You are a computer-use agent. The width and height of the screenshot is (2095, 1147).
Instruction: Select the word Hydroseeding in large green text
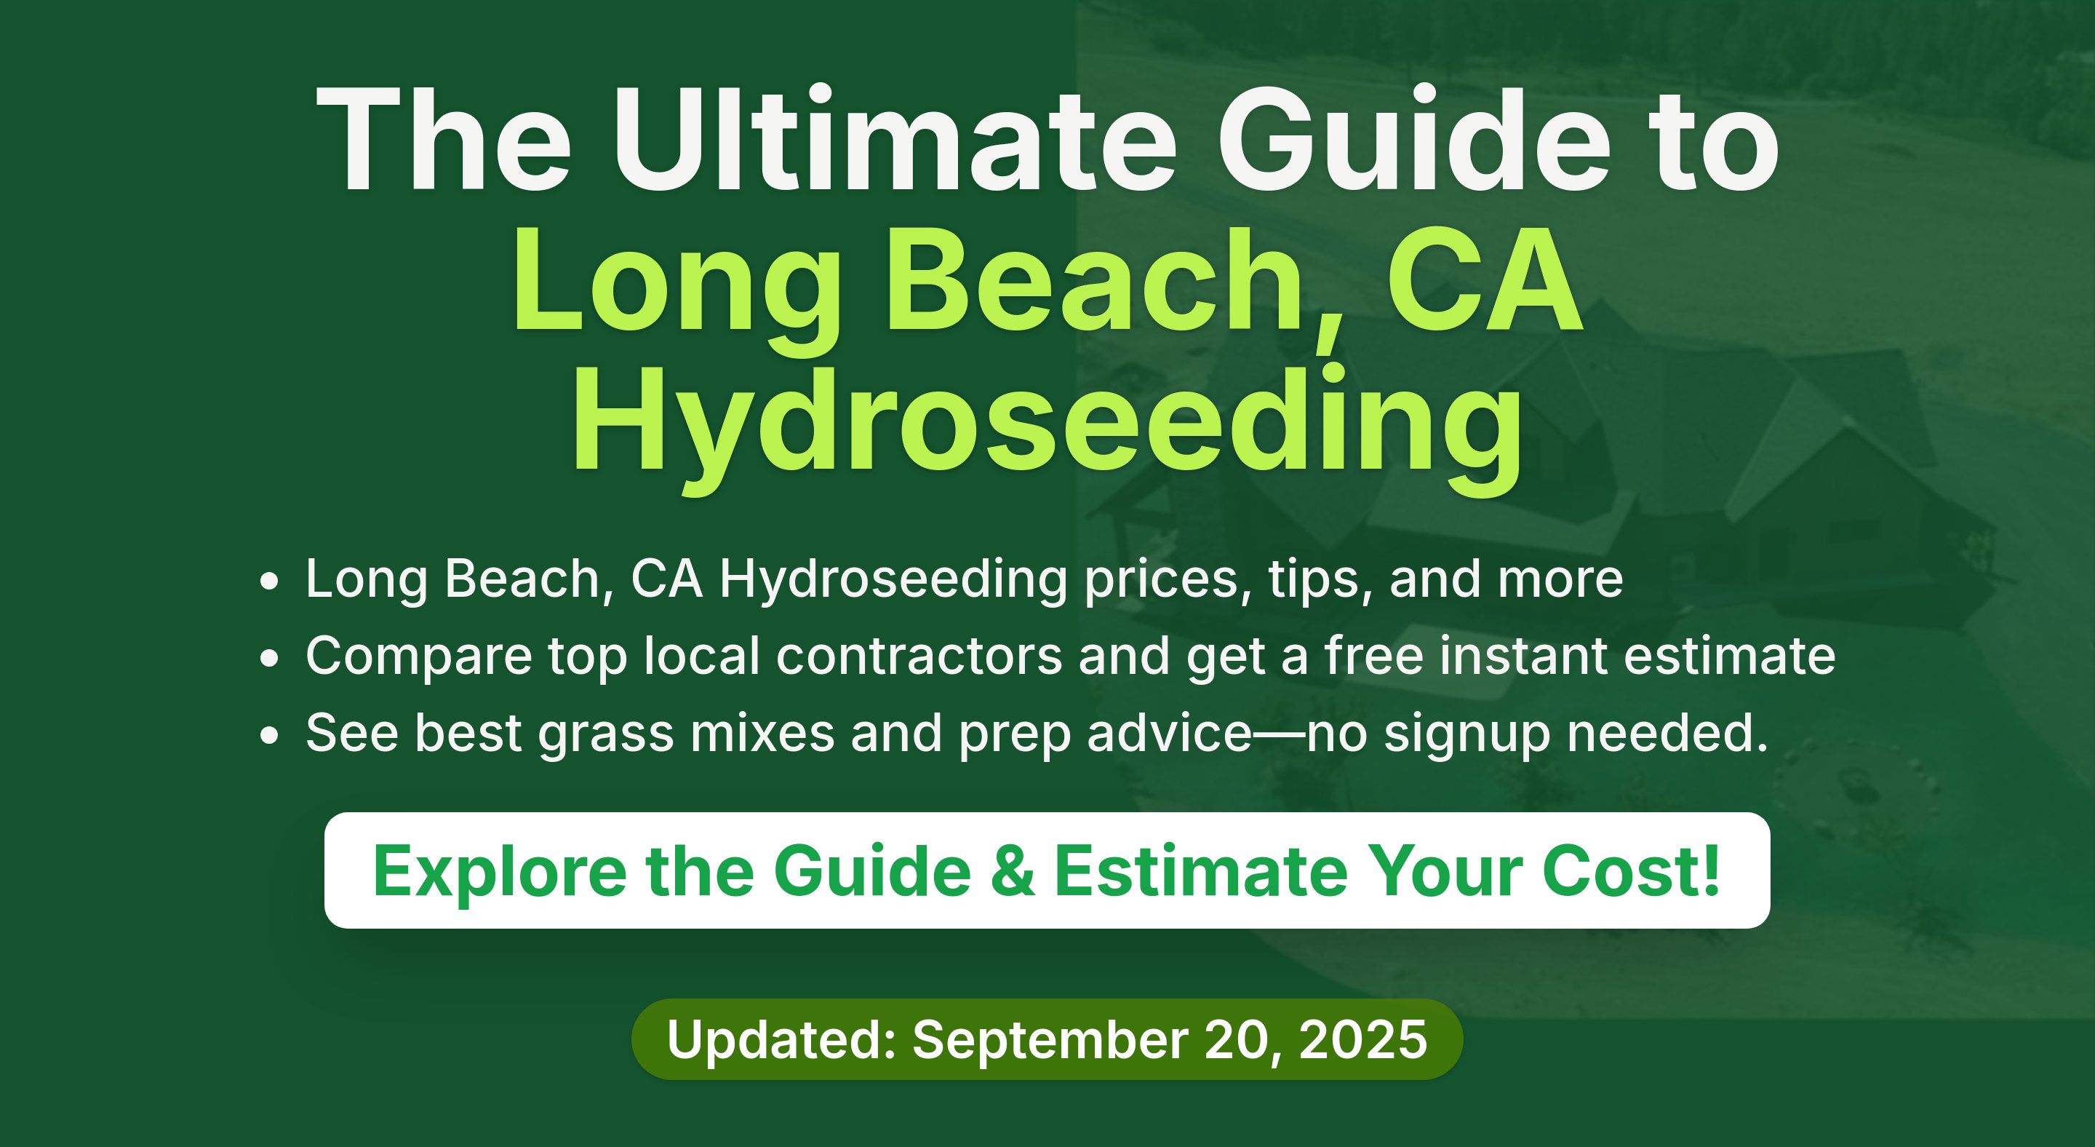(1047, 429)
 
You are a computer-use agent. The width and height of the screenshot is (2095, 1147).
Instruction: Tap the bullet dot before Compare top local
(269, 659)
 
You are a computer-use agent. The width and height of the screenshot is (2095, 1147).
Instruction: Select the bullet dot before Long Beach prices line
(269, 582)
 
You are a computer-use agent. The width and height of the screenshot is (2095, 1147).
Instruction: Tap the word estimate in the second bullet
(1730, 656)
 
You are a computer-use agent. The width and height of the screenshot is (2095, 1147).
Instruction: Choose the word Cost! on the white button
(1632, 871)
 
